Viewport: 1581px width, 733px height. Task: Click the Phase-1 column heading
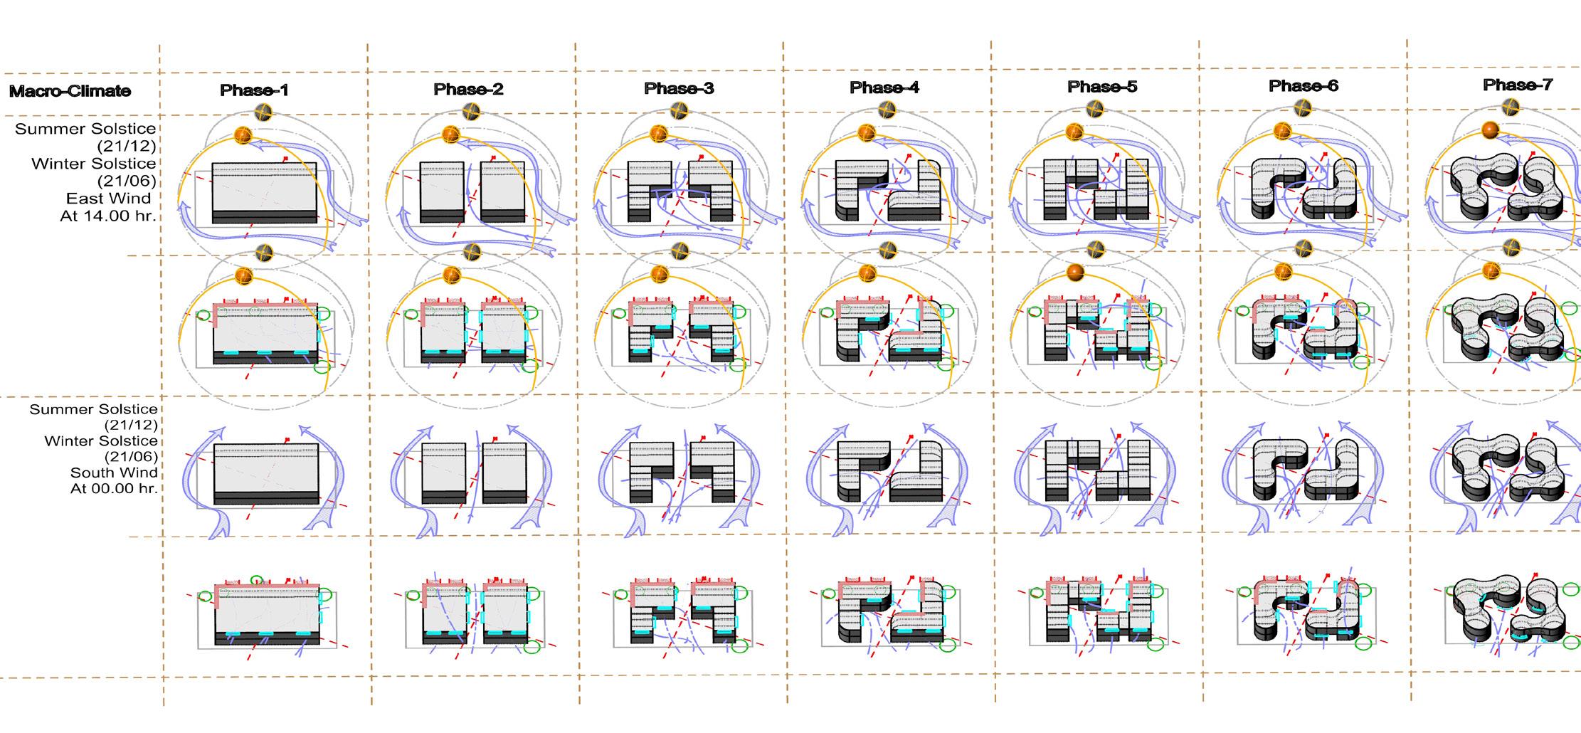click(x=254, y=90)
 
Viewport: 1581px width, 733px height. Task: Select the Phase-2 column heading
click(x=468, y=90)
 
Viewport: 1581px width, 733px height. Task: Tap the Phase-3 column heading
click(x=679, y=89)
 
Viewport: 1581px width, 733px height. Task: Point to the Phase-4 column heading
click(x=884, y=88)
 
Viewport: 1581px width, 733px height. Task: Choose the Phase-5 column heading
click(x=1102, y=87)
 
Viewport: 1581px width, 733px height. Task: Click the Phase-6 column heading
click(x=1304, y=86)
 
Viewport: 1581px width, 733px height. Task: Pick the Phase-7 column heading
click(x=1518, y=85)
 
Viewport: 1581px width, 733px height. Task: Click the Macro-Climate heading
click(x=70, y=91)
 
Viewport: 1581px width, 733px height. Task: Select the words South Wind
click(x=114, y=473)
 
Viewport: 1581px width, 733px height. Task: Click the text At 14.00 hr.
click(x=107, y=216)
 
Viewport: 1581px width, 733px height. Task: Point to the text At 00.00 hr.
click(x=114, y=489)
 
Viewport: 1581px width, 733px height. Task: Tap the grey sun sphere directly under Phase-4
click(x=887, y=110)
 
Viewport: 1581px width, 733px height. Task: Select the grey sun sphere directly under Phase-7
click(x=1511, y=107)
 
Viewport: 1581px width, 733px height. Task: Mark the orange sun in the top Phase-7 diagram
click(x=1490, y=130)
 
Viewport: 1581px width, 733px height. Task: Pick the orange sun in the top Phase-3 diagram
click(x=659, y=133)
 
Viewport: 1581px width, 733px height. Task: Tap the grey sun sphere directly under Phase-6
click(x=1303, y=108)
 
